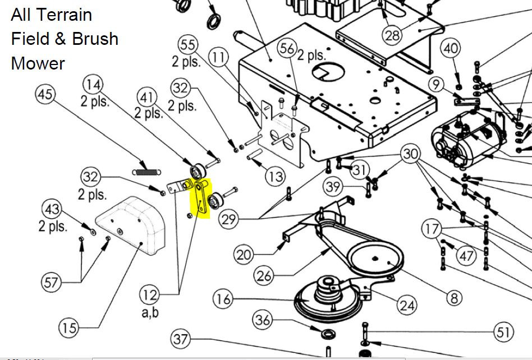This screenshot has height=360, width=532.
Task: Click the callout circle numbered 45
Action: [x=46, y=94]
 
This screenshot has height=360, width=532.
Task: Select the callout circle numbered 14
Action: [x=93, y=85]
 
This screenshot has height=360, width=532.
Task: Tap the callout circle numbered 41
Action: [x=147, y=98]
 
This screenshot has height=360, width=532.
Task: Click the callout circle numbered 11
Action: [x=219, y=57]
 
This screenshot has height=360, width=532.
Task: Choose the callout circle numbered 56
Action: [x=287, y=49]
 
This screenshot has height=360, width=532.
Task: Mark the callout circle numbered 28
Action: [x=393, y=35]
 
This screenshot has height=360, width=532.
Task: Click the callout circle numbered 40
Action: [x=451, y=49]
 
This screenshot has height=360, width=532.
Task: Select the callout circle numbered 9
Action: [x=436, y=85]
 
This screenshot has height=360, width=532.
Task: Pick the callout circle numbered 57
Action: [x=52, y=282]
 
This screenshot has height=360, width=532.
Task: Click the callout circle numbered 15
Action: [x=70, y=327]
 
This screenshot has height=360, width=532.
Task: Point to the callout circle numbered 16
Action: [x=223, y=299]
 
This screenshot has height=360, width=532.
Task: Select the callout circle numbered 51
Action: [x=503, y=331]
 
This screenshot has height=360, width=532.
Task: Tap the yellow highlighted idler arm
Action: [x=200, y=197]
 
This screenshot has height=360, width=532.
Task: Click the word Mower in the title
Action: [x=38, y=63]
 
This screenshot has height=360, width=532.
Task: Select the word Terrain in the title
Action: [x=63, y=15]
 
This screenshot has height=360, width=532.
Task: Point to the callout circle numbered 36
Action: [x=263, y=320]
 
